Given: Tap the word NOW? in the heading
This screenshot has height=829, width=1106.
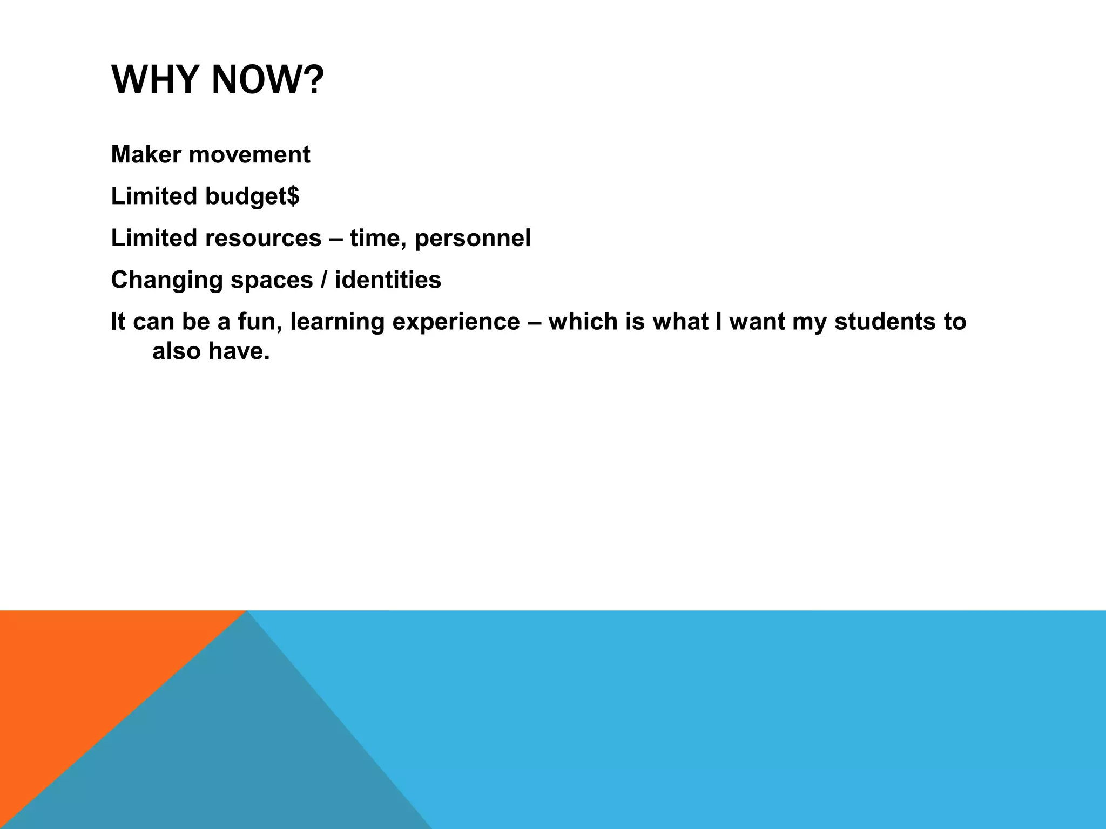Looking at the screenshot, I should tap(267, 80).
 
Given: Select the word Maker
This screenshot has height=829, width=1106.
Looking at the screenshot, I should tap(146, 155).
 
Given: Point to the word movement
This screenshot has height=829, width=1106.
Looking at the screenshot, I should tap(249, 155).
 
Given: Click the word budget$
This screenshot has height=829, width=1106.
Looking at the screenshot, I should tap(252, 196).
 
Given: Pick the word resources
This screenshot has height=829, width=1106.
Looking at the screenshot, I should tap(263, 238).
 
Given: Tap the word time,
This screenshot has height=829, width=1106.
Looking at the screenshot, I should tap(378, 238).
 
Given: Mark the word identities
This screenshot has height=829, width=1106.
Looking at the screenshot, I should tap(388, 280).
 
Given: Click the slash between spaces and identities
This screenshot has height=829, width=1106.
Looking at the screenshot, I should tap(324, 280).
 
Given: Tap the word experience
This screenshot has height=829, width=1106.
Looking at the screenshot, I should tap(456, 322).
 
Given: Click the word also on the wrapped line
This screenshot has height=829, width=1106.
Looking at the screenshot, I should tap(176, 351).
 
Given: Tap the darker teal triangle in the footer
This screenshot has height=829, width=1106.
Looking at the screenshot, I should tap(243, 756).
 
